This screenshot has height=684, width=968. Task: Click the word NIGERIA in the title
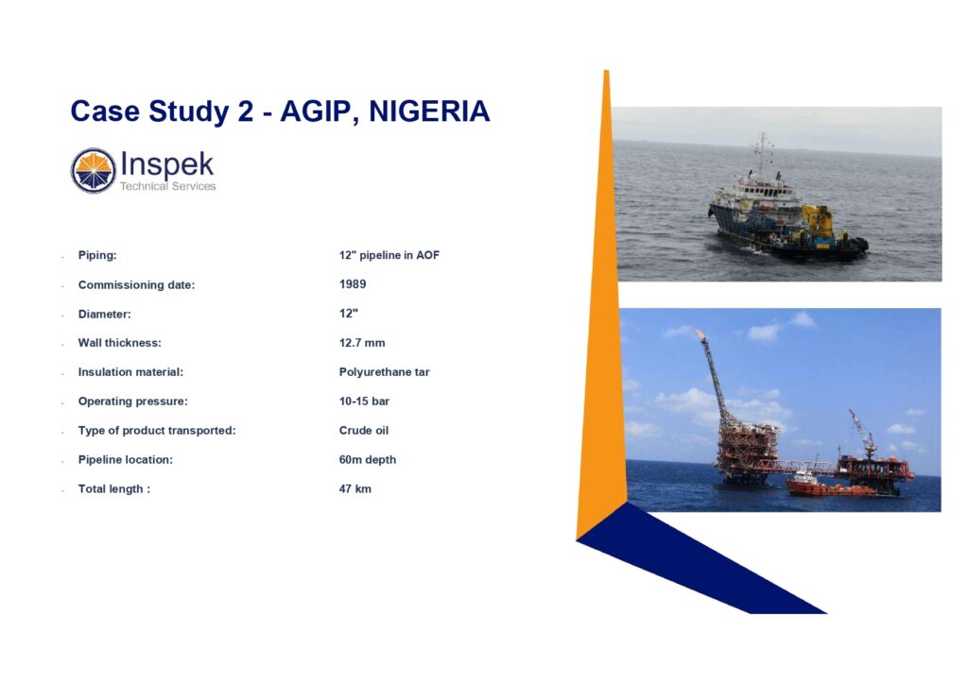click(x=429, y=112)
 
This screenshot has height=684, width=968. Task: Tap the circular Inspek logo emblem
click(x=94, y=171)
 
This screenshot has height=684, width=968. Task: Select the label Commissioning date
click(x=136, y=285)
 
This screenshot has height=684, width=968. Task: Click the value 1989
click(x=353, y=284)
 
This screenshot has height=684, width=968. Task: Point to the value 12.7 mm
click(x=362, y=343)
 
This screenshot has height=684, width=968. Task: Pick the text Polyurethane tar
click(x=384, y=372)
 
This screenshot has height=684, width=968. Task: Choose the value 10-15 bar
click(x=364, y=402)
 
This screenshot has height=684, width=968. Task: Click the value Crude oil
click(x=364, y=431)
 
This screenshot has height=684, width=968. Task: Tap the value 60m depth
click(x=368, y=459)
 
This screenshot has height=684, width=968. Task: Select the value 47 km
click(x=355, y=489)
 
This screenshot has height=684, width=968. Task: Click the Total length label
click(x=114, y=489)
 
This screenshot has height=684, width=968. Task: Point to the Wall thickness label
click(x=120, y=343)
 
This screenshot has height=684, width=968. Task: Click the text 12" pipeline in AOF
click(x=389, y=255)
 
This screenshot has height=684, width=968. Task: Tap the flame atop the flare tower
click(x=700, y=334)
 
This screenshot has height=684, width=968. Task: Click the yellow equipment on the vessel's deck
click(x=817, y=220)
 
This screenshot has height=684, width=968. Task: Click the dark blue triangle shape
click(x=691, y=558)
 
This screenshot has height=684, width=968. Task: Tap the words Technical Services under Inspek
click(x=168, y=186)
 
